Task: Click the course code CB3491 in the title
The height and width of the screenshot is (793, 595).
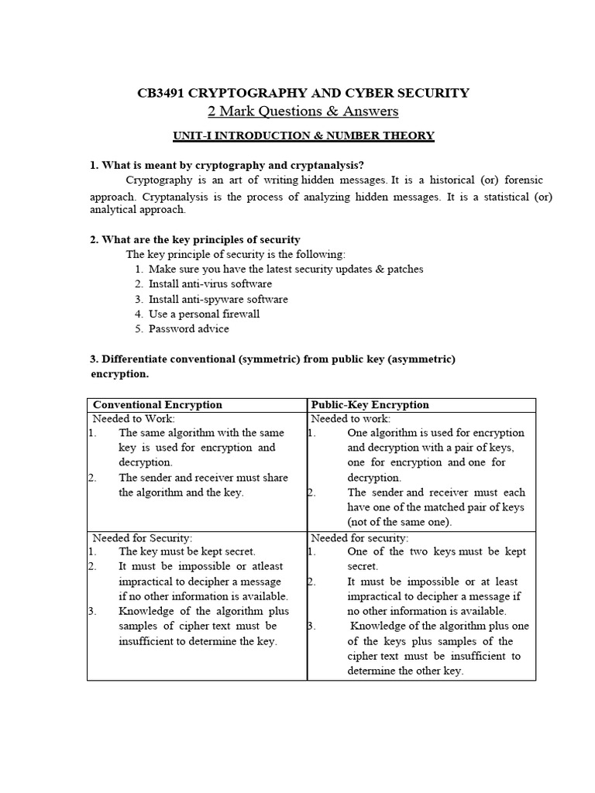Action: coord(163,93)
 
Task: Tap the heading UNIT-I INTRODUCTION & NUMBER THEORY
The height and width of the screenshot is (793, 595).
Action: coord(303,136)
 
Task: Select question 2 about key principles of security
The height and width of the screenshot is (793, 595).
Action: coord(195,240)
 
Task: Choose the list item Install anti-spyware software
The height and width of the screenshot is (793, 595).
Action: coord(218,299)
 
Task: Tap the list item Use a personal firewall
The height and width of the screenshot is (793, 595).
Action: coord(204,314)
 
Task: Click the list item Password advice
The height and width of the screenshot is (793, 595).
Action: coord(189,328)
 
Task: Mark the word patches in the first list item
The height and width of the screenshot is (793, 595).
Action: coord(404,269)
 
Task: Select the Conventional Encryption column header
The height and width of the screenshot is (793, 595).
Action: coord(157,404)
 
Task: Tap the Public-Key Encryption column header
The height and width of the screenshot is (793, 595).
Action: coord(370,404)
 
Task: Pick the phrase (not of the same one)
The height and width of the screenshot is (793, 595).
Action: coord(399,522)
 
